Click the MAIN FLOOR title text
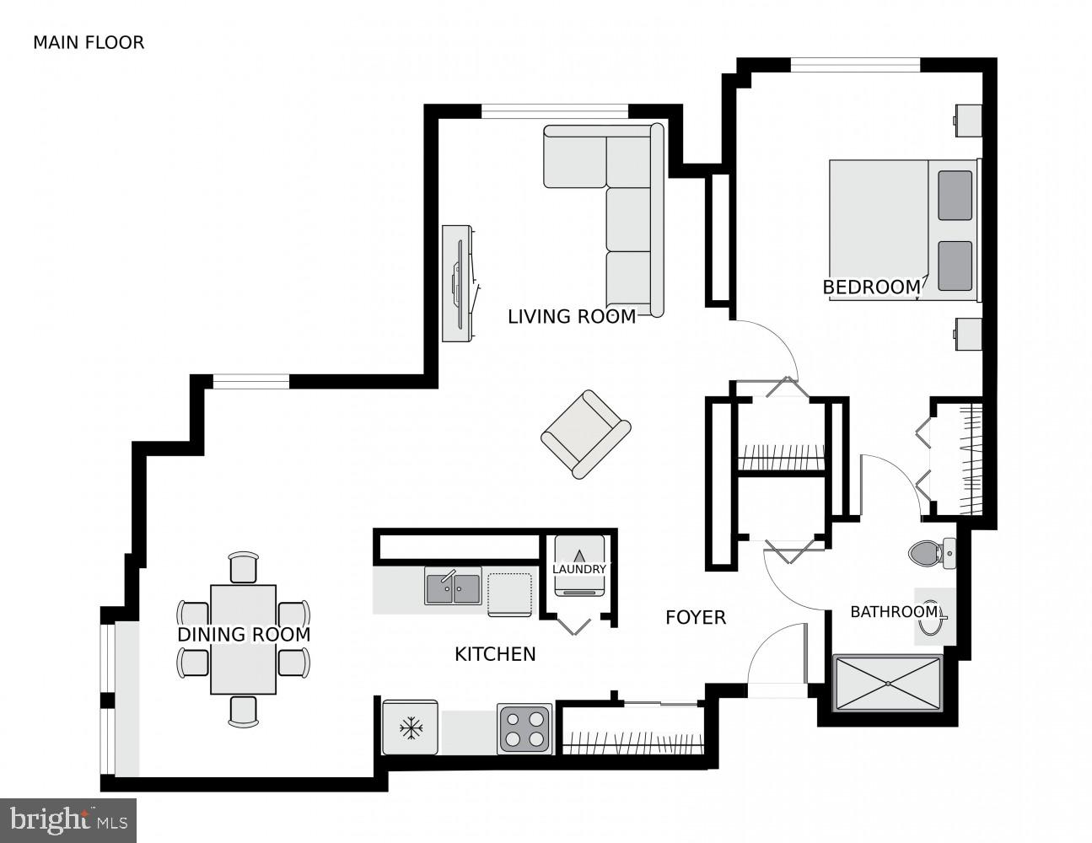tap(89, 42)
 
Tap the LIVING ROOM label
tap(571, 317)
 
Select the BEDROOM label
tap(871, 287)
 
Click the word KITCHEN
tap(495, 654)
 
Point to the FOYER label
tap(695, 618)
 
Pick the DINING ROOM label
tap(244, 635)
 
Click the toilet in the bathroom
tap(931, 553)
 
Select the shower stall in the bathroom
tap(887, 683)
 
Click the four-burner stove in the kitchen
tap(524, 728)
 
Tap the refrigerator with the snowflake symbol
tap(411, 728)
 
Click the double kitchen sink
tap(453, 586)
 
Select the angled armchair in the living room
tap(585, 433)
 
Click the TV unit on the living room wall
tap(458, 283)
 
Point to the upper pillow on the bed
tap(955, 196)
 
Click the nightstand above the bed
tap(968, 120)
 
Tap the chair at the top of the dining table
tap(244, 567)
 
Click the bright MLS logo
tap(68, 819)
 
